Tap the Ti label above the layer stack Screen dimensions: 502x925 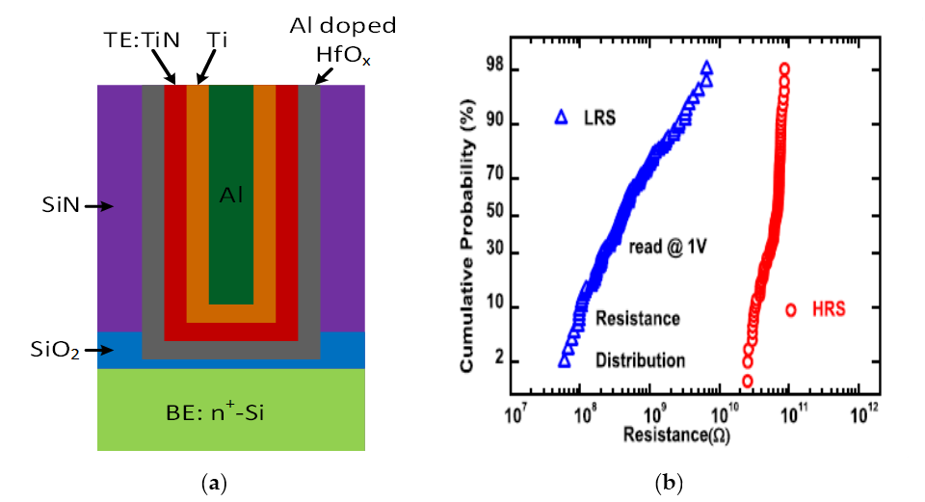tap(217, 41)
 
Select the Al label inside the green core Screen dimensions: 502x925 tap(230, 197)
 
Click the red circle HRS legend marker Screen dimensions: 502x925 tap(791, 310)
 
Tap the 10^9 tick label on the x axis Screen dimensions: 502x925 tap(651, 414)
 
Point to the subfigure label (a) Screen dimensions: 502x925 tap(231, 480)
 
